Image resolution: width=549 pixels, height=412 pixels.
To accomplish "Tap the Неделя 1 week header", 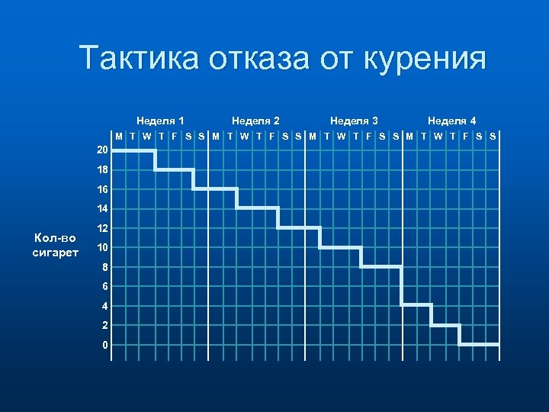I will click(160, 121).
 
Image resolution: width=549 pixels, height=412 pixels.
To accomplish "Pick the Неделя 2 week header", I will click(255, 121).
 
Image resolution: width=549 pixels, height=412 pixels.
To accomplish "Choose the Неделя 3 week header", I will click(354, 121).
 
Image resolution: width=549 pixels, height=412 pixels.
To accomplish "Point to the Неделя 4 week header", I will click(451, 121).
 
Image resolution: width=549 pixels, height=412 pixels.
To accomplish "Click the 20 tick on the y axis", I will click(102, 150).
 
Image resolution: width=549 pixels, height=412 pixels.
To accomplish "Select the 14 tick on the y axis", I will click(102, 208).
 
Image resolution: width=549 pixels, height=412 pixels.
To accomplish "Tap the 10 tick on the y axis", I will click(102, 247).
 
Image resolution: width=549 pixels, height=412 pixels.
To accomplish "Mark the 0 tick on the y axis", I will click(105, 345).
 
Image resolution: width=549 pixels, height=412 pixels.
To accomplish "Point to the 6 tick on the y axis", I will click(105, 286).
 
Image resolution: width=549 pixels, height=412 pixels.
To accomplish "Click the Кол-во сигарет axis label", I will click(55, 245).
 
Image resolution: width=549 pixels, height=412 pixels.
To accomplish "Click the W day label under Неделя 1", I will click(146, 137).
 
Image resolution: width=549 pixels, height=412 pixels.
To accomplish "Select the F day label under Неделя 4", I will click(465, 137).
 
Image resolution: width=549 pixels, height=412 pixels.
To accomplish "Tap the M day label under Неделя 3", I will click(313, 137).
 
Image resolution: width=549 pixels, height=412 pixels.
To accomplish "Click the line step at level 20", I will click(133, 150).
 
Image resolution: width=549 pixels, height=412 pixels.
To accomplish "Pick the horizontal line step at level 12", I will click(298, 227).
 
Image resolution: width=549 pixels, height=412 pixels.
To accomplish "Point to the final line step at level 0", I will click(479, 345).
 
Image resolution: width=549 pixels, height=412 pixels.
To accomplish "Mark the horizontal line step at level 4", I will click(416, 305).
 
